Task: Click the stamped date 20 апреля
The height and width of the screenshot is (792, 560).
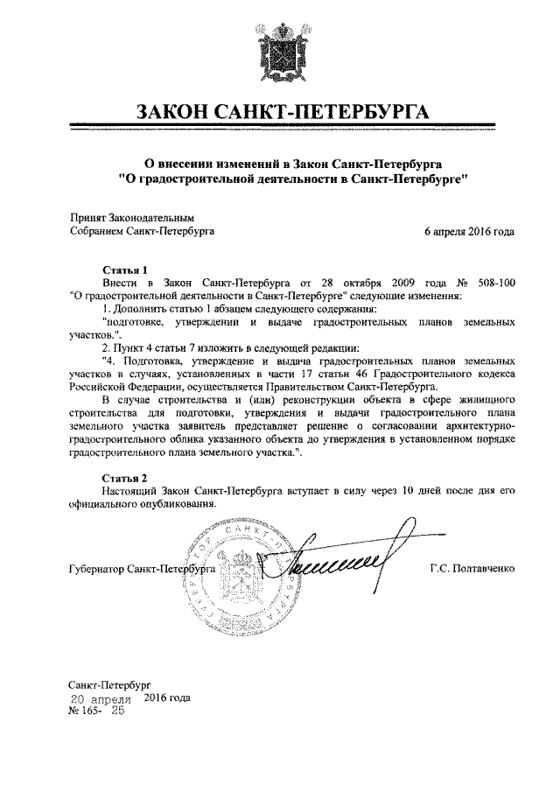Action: (101, 699)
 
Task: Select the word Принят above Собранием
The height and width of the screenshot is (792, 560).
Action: (87, 217)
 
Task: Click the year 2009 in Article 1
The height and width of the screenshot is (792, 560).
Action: (392, 284)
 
